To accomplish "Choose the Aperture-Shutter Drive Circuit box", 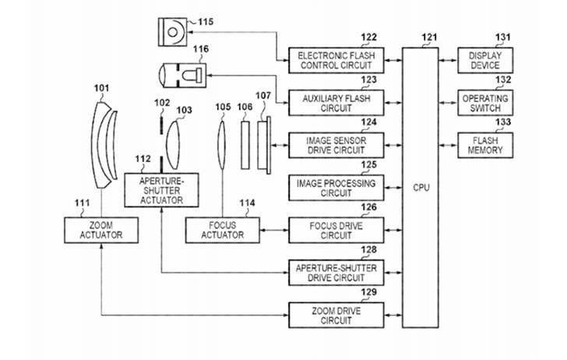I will click(336, 272).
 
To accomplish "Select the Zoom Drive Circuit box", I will click(336, 315).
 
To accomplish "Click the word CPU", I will click(422, 188).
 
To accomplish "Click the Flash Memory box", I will click(486, 144).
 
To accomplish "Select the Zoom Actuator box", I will click(101, 230).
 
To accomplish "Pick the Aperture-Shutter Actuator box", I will click(161, 189).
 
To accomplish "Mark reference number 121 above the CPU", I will click(429, 37).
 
